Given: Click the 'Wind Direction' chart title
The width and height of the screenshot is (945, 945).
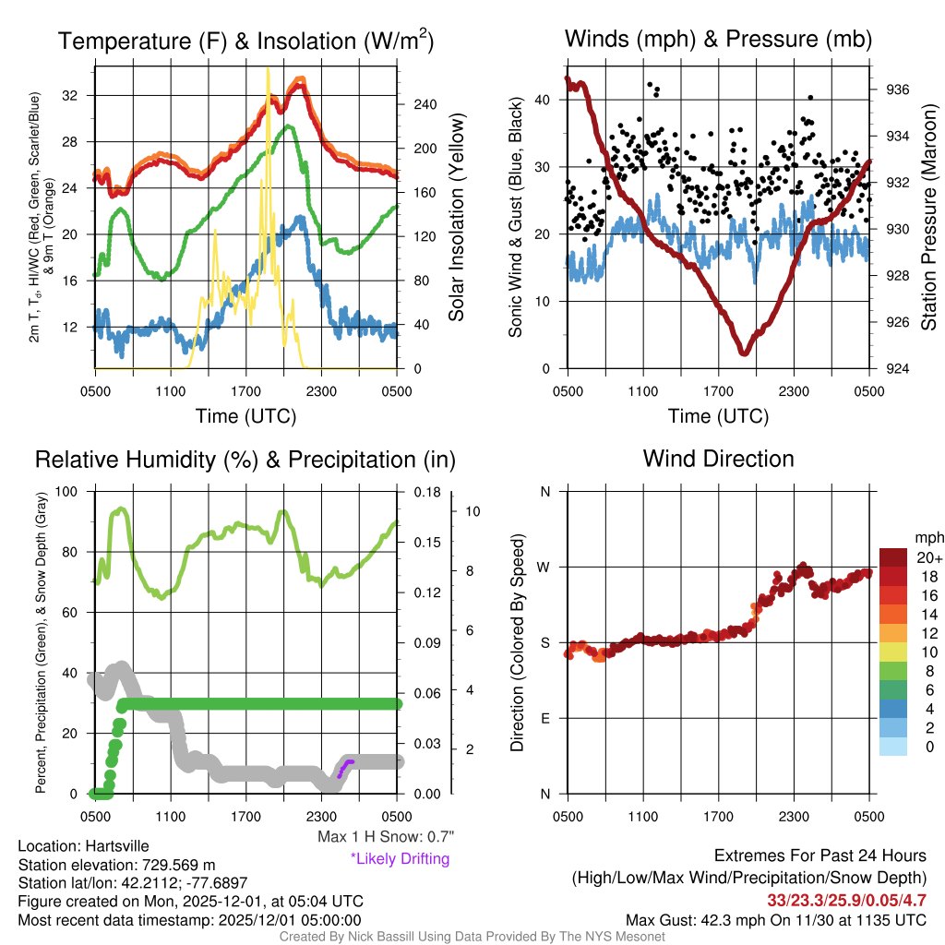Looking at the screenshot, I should pyautogui.click(x=718, y=459).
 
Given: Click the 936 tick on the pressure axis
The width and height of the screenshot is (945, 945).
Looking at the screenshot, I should pyautogui.click(x=897, y=90).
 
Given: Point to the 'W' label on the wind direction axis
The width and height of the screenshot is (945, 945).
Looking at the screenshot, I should pyautogui.click(x=545, y=567).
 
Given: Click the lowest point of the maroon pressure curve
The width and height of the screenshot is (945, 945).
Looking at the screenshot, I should pyautogui.click(x=744, y=352).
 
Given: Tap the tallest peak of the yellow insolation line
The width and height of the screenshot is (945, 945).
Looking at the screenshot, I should pyautogui.click(x=268, y=70).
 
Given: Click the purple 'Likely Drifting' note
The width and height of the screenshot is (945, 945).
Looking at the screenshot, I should pyautogui.click(x=400, y=859).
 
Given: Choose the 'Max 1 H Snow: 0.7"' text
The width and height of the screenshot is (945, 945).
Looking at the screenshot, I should pyautogui.click(x=385, y=837).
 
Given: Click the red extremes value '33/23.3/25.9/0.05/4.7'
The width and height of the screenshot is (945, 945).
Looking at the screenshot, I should pyautogui.click(x=846, y=900).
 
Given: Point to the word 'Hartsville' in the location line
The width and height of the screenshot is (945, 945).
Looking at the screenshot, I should pyautogui.click(x=117, y=845).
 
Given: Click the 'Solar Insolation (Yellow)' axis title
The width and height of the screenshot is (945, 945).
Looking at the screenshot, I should pyautogui.click(x=456, y=217).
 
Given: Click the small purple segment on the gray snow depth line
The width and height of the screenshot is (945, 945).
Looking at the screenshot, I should pyautogui.click(x=344, y=767).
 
